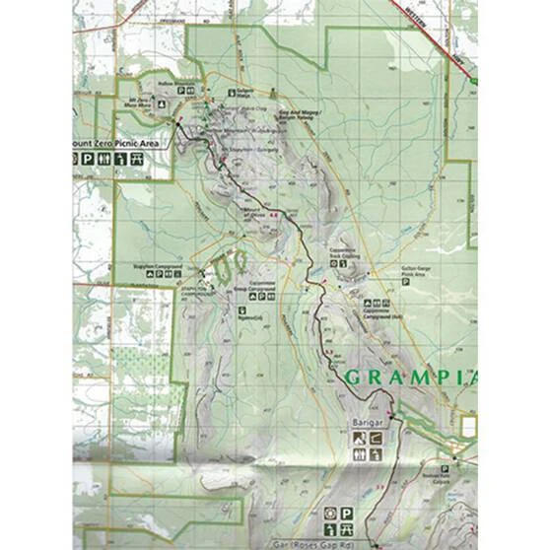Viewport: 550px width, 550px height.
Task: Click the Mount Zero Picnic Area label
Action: click(116, 143)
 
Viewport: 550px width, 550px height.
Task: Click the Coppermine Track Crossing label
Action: click(349, 252)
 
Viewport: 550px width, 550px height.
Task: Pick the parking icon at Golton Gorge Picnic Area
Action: click(405, 282)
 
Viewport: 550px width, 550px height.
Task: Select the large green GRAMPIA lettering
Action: click(410, 376)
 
